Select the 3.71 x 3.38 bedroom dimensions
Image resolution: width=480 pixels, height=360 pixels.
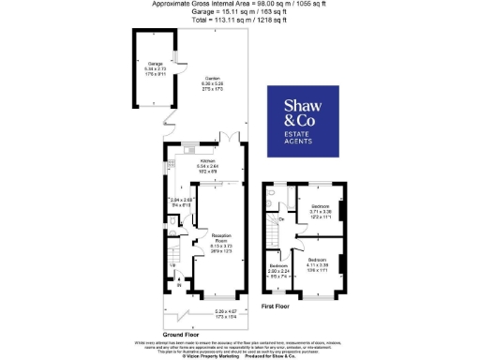(320, 213)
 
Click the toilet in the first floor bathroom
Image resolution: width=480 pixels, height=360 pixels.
(271, 199)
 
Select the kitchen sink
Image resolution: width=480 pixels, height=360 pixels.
(187, 148)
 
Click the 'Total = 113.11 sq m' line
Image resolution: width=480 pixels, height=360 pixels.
(239, 20)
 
